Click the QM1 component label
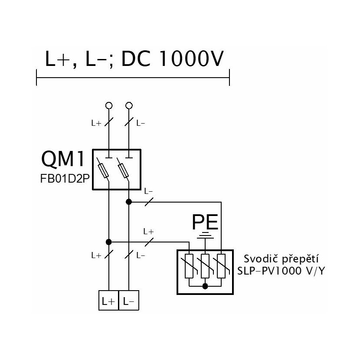point(63,159)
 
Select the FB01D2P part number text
point(65,179)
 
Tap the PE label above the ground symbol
point(205,222)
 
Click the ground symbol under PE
point(205,236)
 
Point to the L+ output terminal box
point(108,301)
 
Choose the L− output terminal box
point(129,301)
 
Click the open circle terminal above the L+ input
point(109,105)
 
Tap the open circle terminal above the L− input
point(129,105)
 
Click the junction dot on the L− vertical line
point(129,202)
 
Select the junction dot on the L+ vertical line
point(108,242)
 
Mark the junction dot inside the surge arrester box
point(205,286)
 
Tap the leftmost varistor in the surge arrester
point(189,266)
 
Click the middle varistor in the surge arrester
point(205,266)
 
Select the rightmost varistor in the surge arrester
point(221,266)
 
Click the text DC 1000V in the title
point(172,59)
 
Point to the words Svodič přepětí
point(281,259)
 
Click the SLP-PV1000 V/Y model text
point(281,271)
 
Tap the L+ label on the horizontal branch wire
point(148,232)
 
